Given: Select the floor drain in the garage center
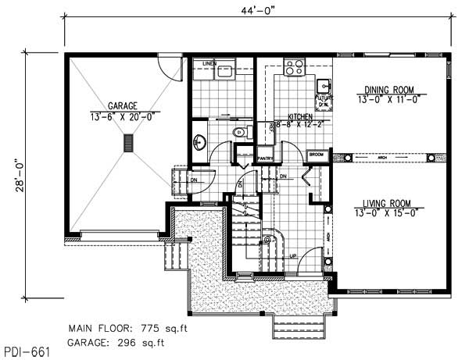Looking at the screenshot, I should (x=127, y=143).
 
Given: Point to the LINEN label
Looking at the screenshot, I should (x=209, y=62).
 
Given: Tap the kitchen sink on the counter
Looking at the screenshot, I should (x=322, y=84).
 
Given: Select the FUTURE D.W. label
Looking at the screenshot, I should (x=321, y=100).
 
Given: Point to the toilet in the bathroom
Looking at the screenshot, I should (x=239, y=133).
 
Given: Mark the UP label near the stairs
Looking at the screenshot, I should (x=293, y=255).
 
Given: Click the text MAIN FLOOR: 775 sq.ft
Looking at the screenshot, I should (x=129, y=327).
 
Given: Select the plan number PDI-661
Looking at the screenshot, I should (x=27, y=352).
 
